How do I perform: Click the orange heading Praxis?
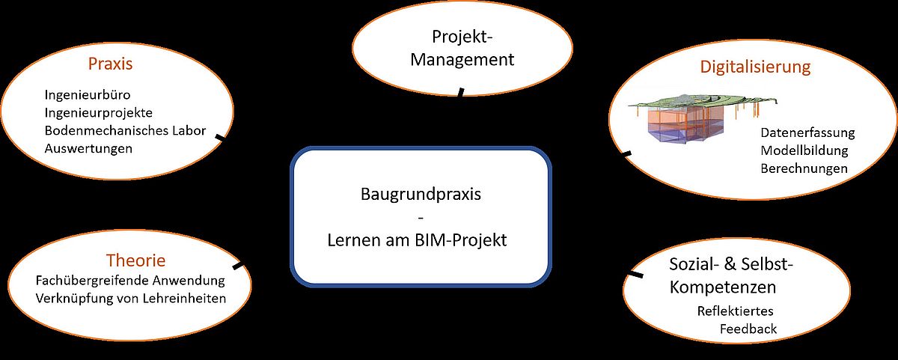pos(110,64)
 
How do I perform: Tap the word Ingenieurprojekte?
pos(99,113)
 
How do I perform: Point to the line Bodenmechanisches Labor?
pos(125,131)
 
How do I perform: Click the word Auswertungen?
pos(88,149)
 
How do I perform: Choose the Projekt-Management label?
pos(462,48)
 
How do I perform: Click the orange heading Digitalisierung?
pos(755,67)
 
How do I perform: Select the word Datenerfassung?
pos(807,133)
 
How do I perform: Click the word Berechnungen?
pos(804,169)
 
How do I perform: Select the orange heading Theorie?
pos(135,261)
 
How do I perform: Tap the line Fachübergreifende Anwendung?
pos(130,281)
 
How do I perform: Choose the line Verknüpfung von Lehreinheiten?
pos(130,299)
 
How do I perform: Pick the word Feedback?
pos(748,329)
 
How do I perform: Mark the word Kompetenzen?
pos(723,287)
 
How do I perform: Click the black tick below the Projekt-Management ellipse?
pos(460,92)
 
